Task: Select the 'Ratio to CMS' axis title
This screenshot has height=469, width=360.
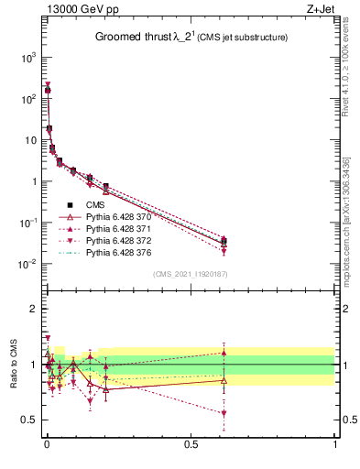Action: [14, 365]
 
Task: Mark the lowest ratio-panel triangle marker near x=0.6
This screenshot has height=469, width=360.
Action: [224, 413]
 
